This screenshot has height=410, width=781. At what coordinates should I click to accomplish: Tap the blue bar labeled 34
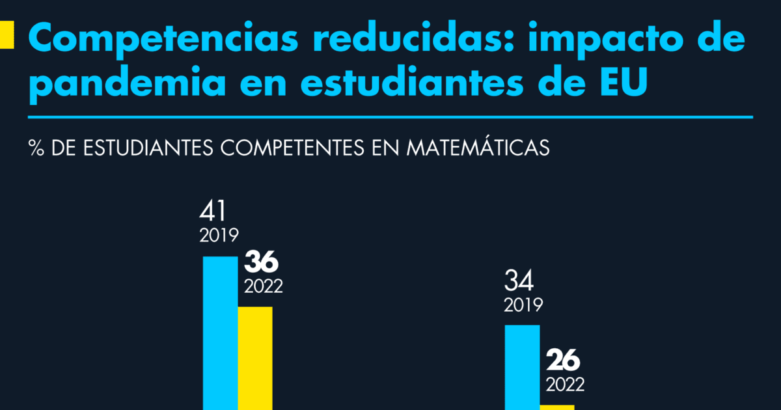pyautogui.click(x=523, y=367)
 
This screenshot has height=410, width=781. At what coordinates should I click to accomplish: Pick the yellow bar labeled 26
pyautogui.click(x=557, y=407)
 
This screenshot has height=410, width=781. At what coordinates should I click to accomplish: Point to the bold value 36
pyautogui.click(x=261, y=263)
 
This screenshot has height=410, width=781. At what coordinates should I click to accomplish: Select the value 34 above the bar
pyautogui.click(x=519, y=281)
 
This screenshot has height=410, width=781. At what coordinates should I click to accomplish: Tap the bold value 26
pyautogui.click(x=563, y=360)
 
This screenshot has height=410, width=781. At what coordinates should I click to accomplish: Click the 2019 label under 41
pyautogui.click(x=219, y=236)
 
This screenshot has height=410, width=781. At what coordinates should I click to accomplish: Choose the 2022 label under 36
pyautogui.click(x=263, y=286)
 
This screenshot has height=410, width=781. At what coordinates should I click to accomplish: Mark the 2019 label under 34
pyautogui.click(x=523, y=305)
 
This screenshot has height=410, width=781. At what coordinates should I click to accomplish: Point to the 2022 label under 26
pyautogui.click(x=565, y=384)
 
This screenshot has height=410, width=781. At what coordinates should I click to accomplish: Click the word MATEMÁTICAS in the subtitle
pyautogui.click(x=478, y=147)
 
